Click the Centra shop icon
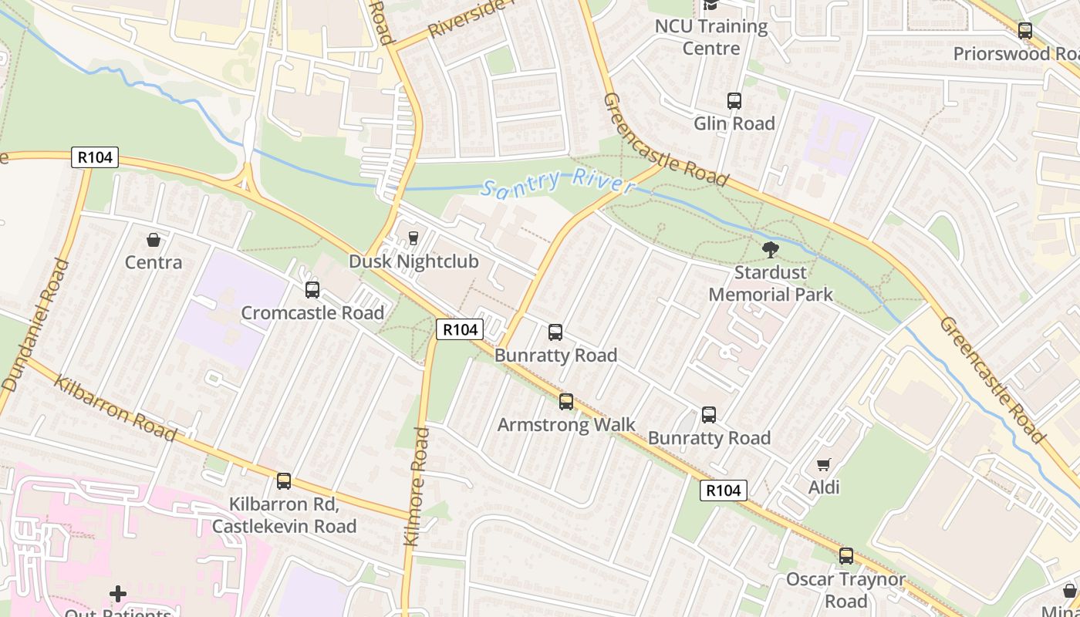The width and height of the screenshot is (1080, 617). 154,240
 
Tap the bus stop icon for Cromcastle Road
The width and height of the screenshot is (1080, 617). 312,290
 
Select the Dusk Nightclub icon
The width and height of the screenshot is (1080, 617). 413,238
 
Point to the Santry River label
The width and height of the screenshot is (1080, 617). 557,183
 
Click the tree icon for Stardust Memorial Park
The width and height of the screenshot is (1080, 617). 770,249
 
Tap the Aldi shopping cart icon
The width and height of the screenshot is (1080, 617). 824,464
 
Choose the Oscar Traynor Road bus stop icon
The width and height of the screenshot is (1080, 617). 846,556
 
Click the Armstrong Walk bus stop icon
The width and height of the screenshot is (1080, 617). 566,402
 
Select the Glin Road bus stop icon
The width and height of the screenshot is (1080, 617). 734,101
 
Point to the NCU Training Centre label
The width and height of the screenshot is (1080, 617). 711,37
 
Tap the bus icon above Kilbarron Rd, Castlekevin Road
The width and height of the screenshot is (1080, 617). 284,481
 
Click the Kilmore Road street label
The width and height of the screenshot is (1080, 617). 417,487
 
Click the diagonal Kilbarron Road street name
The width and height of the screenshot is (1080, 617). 115,408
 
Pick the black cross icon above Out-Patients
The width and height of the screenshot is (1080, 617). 118,594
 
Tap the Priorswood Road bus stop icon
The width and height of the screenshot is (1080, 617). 1025,31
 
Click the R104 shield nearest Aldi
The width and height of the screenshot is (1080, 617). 724,490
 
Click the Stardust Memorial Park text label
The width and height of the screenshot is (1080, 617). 771,283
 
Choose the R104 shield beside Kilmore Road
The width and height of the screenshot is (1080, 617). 460,329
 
